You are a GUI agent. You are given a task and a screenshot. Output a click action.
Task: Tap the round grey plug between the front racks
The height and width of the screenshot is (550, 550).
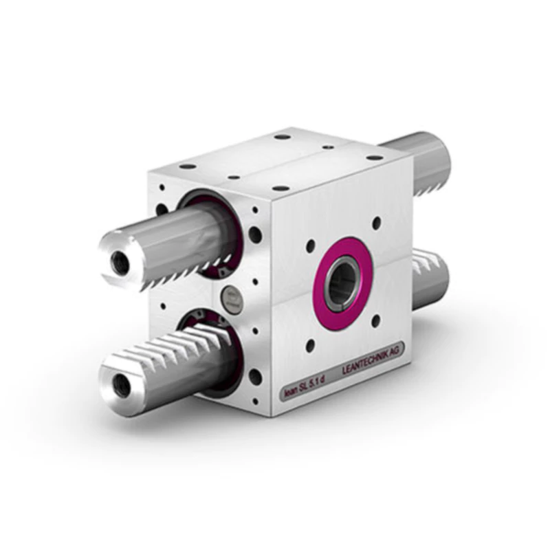click(230, 297)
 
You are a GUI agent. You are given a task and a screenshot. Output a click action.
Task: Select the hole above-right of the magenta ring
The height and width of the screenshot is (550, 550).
click(376, 223)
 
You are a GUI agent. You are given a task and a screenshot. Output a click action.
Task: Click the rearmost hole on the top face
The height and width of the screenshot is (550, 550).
click(282, 137)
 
